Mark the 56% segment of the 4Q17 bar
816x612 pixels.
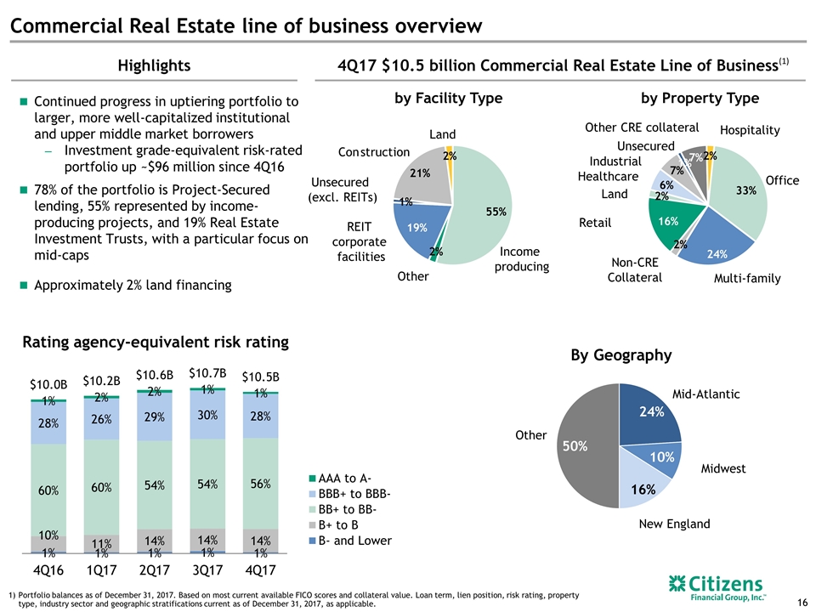click(259, 484)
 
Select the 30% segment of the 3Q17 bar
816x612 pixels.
click(207, 416)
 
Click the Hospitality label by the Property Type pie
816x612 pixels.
click(749, 130)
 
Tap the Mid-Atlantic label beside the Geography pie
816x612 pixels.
click(705, 394)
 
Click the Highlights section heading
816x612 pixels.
click(154, 65)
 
